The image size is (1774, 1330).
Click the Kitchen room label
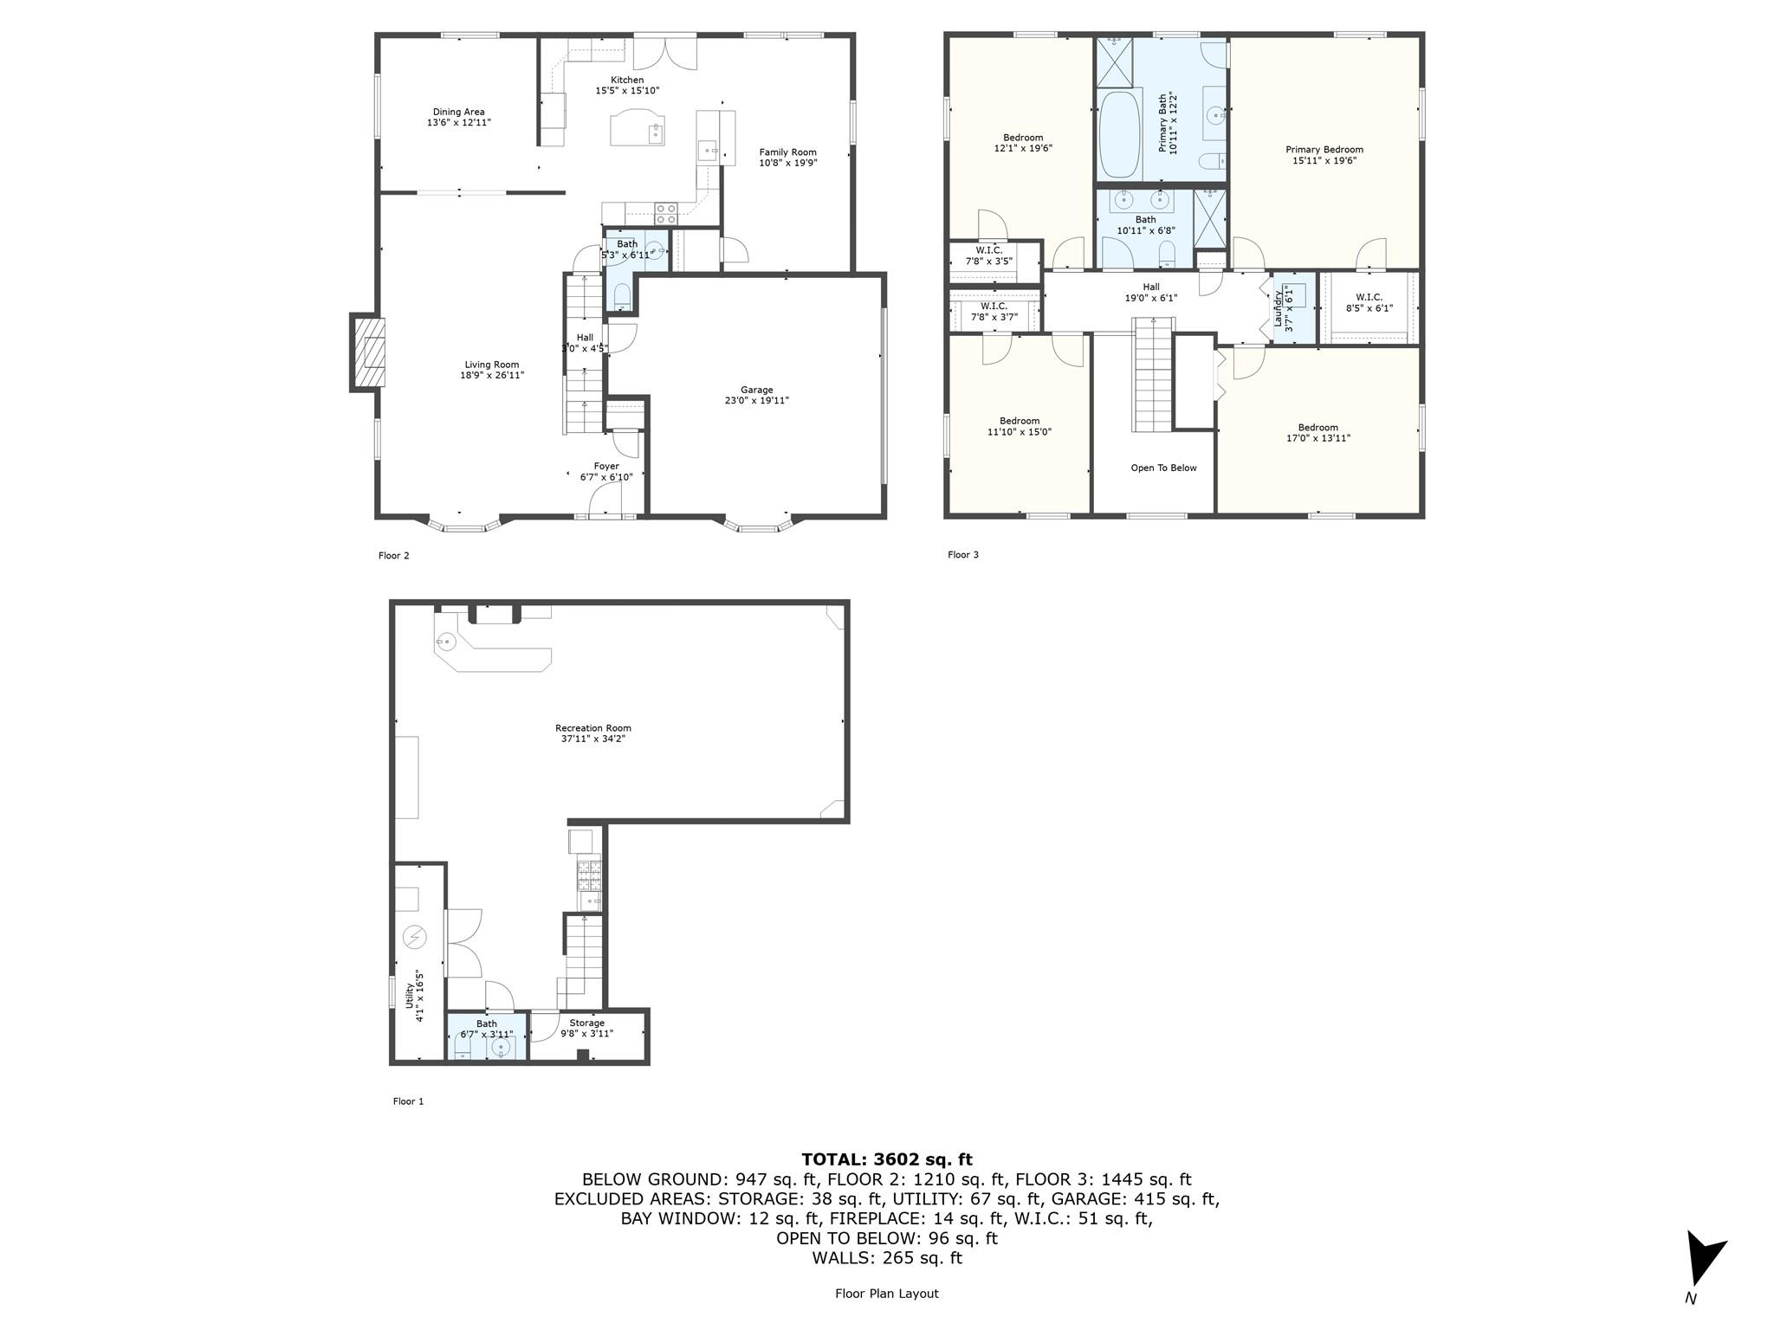click(x=627, y=81)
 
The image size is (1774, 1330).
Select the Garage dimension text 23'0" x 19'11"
click(x=756, y=401)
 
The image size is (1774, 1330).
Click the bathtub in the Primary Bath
click(x=1119, y=134)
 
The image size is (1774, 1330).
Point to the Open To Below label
click(x=1163, y=468)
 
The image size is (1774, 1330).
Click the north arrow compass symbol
click(x=1702, y=1260)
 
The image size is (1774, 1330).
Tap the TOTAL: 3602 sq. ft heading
click(x=886, y=1159)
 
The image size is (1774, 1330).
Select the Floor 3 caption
click(x=962, y=555)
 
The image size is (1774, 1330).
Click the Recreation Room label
click(x=592, y=728)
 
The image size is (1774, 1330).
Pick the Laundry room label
click(x=1278, y=308)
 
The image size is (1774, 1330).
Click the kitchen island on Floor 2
click(x=638, y=128)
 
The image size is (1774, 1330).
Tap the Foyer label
click(x=605, y=467)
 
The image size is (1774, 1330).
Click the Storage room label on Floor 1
click(x=586, y=1023)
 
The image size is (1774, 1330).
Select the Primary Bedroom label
click(x=1324, y=150)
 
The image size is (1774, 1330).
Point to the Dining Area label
click(x=458, y=112)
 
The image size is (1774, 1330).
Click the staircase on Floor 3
click(x=1153, y=377)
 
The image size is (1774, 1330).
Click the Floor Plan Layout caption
click(x=886, y=1294)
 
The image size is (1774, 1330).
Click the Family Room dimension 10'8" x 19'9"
click(x=787, y=163)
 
